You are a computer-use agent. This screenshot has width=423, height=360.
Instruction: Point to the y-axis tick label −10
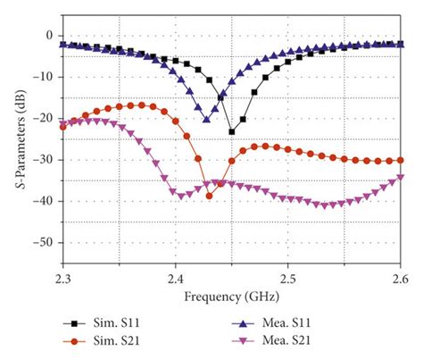coord(44,77)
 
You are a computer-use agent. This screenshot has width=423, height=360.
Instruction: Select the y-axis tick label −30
coord(44,160)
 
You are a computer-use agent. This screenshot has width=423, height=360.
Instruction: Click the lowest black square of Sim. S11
coord(232,131)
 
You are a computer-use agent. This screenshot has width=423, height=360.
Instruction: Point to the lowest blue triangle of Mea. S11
coord(206,119)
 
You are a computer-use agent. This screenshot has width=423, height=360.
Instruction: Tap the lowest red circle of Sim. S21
coord(210,196)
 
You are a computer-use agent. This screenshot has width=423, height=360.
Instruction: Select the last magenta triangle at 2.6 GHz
coord(400,177)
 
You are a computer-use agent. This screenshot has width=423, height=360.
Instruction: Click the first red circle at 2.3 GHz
coord(62,127)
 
